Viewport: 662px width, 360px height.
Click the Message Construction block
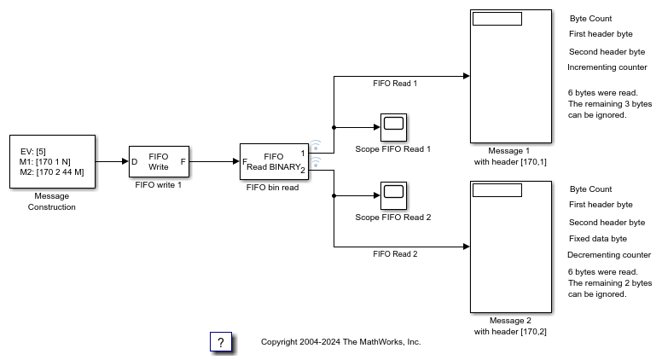point(51,161)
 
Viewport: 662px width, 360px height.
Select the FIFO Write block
point(158,161)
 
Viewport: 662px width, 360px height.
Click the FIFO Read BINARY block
point(273,161)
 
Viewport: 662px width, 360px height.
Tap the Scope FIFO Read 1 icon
point(392,126)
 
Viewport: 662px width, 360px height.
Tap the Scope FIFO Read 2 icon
point(392,195)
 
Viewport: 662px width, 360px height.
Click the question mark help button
point(221,342)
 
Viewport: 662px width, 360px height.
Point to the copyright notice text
point(340,342)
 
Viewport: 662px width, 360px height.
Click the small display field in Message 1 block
point(496,19)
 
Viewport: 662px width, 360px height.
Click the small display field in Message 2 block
point(496,189)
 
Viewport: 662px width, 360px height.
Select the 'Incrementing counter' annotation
point(607,67)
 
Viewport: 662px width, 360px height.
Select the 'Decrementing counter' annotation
point(608,255)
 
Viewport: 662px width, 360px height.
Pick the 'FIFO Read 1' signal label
point(395,84)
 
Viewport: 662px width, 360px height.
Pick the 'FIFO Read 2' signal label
point(395,254)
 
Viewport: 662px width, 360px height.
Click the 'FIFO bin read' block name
point(273,188)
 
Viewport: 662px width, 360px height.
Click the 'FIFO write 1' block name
point(158,184)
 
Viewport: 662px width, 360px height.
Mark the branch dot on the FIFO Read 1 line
point(333,127)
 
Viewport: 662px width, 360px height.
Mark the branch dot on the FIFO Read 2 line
point(333,195)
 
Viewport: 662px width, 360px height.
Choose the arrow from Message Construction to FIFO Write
point(111,161)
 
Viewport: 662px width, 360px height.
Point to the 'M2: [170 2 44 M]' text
point(51,172)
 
